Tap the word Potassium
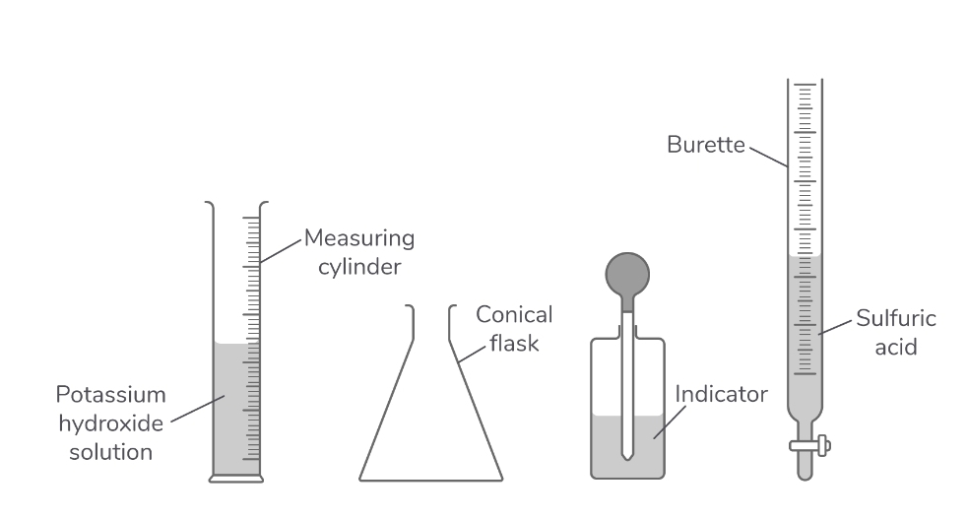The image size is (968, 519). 110,395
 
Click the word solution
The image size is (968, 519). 118,452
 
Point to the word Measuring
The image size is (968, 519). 358,238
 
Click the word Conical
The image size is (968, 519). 514,315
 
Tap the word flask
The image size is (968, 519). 514,344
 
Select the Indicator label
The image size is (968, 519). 720,395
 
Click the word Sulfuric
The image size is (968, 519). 894,319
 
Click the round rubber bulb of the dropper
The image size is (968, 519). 626,273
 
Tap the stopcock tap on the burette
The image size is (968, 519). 810,446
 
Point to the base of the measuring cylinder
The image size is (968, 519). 237,479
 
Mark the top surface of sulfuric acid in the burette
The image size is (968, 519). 807,257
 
